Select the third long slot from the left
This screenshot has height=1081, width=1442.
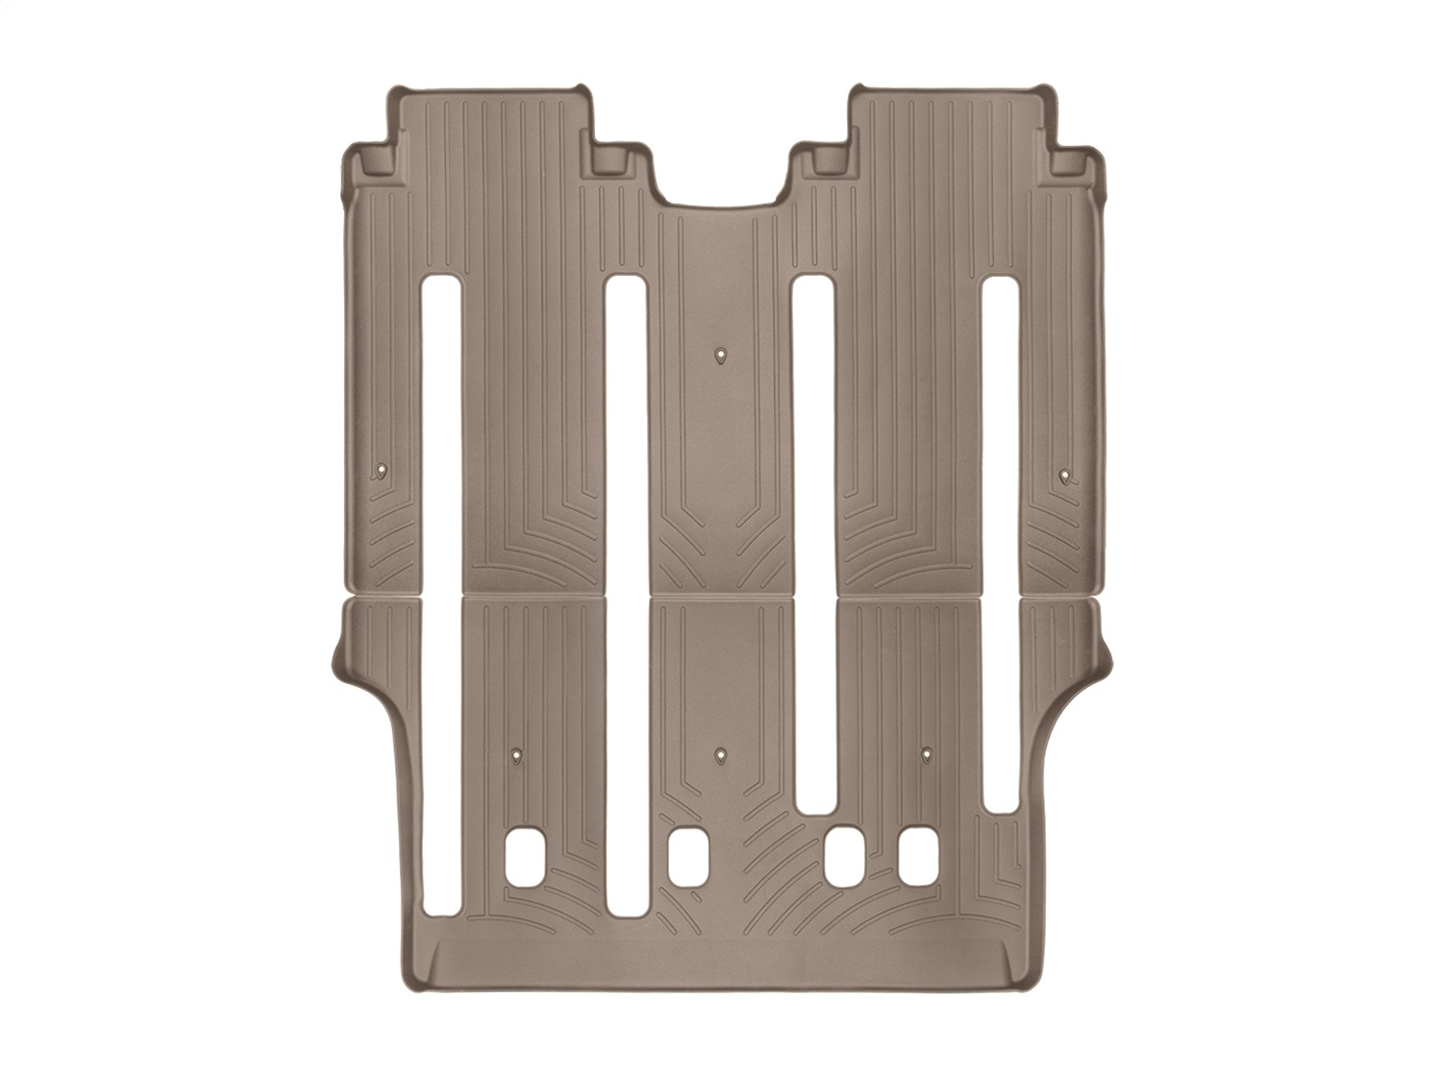814,538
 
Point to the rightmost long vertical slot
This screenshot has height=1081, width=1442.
1001,538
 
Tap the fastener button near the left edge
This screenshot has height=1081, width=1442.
384,470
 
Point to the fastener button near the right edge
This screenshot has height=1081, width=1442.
1063,474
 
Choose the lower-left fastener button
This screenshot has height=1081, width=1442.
518,755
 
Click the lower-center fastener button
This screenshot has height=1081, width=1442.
721,755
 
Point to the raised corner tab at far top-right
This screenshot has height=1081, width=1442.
1072,160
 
